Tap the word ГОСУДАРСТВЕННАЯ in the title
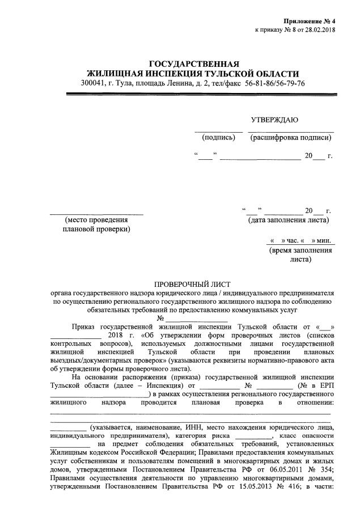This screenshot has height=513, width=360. tap(194, 63)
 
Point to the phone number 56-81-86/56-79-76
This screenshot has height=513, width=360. tap(274, 83)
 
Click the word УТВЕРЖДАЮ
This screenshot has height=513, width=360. tap(274, 120)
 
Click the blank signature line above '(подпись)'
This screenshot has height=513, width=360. tap(218, 132)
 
